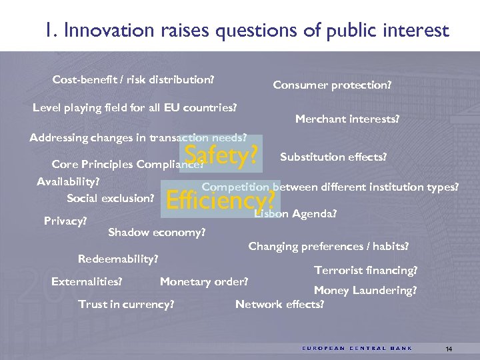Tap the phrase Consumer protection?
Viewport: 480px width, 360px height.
(x=332, y=85)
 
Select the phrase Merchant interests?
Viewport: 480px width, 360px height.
(x=347, y=119)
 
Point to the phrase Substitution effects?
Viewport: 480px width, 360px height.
(x=333, y=157)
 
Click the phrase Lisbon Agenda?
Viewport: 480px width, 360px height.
(x=295, y=214)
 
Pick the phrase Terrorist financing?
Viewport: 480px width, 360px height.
(x=366, y=270)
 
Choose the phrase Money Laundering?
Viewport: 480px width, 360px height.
(x=365, y=290)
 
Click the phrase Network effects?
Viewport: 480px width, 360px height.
(x=279, y=304)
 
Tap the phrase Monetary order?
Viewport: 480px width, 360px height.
(x=204, y=281)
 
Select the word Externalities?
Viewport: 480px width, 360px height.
(x=87, y=281)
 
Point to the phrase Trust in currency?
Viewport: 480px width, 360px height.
(x=126, y=304)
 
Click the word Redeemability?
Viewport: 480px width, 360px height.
(x=118, y=258)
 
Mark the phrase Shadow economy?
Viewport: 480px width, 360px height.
(x=157, y=233)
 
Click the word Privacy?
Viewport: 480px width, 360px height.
(x=65, y=220)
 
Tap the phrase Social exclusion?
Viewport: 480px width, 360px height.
(x=111, y=198)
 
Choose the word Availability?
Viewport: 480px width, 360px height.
(x=68, y=181)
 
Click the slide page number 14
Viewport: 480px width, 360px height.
(x=449, y=349)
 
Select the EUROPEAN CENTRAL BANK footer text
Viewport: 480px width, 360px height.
(x=357, y=348)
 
